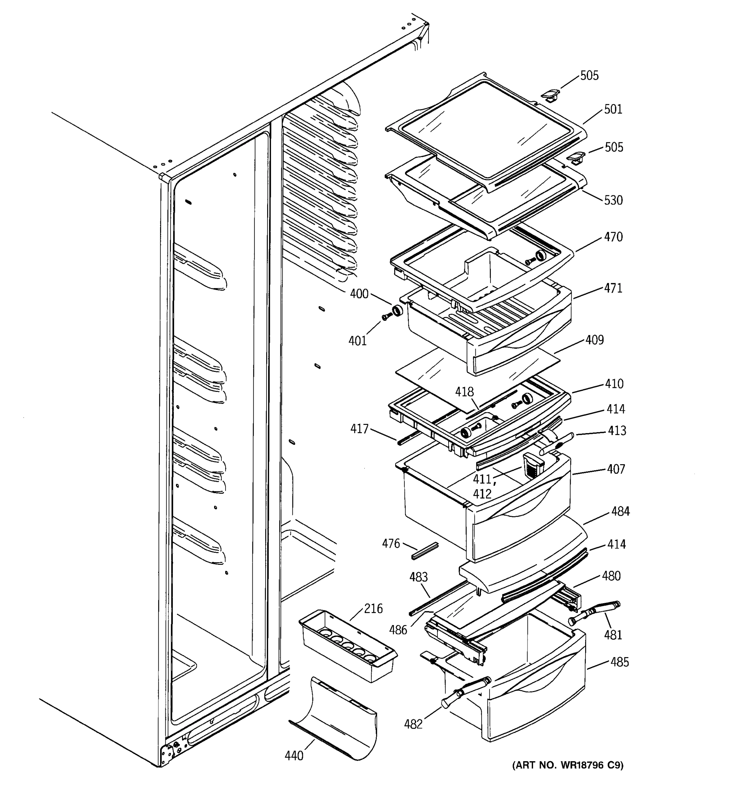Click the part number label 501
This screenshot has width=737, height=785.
613,109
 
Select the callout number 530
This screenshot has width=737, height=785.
613,200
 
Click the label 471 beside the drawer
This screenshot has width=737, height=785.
613,288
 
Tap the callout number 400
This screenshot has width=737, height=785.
359,294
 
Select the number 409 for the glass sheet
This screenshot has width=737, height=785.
594,340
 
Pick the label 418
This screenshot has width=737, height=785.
464,392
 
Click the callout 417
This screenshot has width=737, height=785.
359,429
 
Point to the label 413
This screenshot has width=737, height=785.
617,430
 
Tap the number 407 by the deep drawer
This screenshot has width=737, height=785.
616,469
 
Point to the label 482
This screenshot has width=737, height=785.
413,724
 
